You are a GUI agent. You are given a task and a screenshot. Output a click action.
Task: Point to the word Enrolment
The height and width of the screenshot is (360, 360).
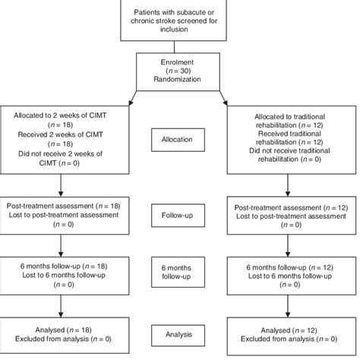coord(180,62)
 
